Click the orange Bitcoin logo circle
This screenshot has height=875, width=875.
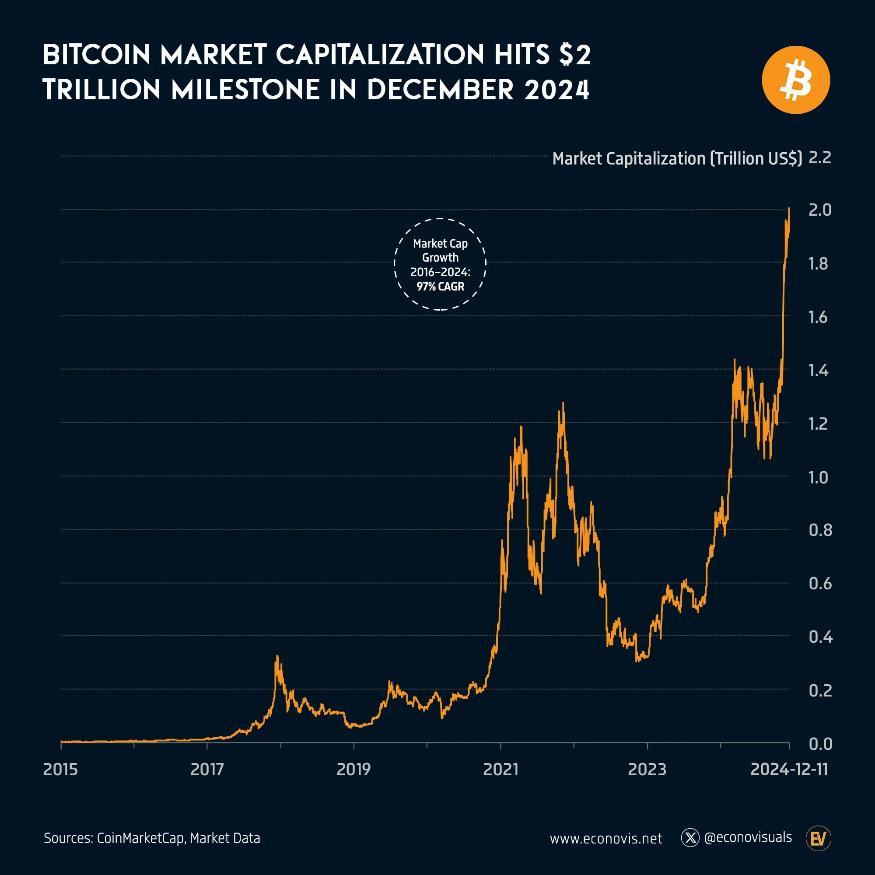tap(796, 80)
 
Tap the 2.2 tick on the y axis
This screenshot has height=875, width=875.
tap(820, 157)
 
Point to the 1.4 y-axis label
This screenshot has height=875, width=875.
tap(818, 371)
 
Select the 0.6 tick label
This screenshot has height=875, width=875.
tap(820, 583)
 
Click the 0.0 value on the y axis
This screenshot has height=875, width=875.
tap(820, 744)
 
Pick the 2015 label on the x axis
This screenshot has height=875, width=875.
tap(60, 770)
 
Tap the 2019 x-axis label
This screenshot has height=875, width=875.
tap(353, 770)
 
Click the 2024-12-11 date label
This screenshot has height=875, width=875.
tap(789, 770)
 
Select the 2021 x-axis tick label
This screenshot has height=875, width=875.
tap(500, 770)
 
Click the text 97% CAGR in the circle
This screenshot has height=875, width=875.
tap(440, 287)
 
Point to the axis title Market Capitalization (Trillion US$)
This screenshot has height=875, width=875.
tap(677, 158)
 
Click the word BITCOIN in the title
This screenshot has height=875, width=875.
tap(96, 55)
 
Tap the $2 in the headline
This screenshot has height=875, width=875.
tap(575, 55)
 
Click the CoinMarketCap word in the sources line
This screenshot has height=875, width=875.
tap(140, 838)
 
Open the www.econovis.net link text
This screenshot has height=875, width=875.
tap(605, 839)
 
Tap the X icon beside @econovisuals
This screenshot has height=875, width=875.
tap(690, 838)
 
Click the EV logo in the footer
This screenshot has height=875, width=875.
tap(819, 838)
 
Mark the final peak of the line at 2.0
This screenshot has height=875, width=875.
tap(789, 209)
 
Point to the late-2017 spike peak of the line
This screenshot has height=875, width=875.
tap(277, 656)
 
